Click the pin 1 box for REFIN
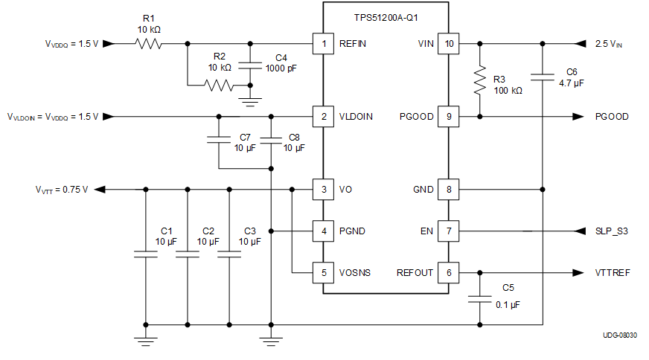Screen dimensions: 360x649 [323, 44]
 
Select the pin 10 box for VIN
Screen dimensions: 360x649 [448, 44]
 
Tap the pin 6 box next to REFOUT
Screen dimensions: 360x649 [448, 273]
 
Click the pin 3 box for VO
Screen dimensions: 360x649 [323, 190]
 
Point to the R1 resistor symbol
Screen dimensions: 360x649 [149, 44]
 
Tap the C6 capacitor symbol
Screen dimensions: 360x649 [543, 75]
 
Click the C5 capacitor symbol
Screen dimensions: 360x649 [479, 300]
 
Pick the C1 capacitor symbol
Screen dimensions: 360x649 [145, 254]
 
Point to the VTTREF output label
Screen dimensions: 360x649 [613, 273]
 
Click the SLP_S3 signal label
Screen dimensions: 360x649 [612, 231]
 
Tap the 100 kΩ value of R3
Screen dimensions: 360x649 [508, 90]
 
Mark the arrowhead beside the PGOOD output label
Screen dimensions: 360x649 [578, 117]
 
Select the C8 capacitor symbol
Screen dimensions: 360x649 [272, 138]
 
